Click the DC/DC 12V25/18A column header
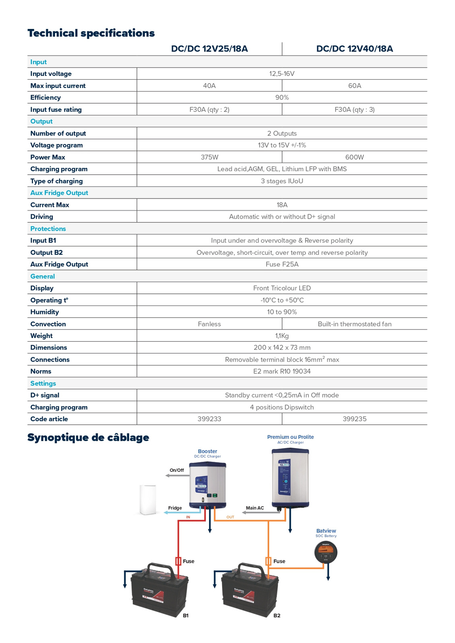click(209, 49)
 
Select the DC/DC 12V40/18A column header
click(355, 49)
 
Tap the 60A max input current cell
click(355, 86)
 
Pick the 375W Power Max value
click(209, 157)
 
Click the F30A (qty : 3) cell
click(355, 110)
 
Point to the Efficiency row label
click(45, 98)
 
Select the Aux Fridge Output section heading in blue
click(59, 193)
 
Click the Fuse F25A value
click(282, 264)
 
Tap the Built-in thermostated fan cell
click(355, 324)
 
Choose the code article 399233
click(209, 419)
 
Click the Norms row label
click(41, 371)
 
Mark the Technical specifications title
click(91, 33)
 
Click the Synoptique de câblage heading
click(88, 437)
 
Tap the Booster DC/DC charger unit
click(207, 486)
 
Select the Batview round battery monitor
click(326, 552)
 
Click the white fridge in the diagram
click(148, 500)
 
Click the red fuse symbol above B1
click(178, 561)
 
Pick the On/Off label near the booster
click(177, 470)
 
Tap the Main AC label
click(255, 508)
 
